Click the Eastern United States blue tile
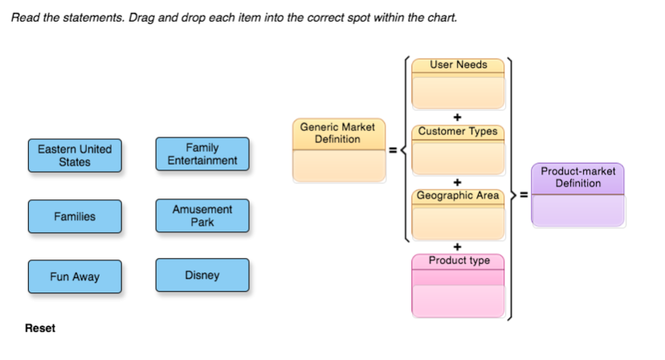75,155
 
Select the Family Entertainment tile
202,154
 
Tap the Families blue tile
75,216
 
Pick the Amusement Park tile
202,215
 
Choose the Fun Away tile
75,276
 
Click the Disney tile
202,276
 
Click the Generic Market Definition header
337,133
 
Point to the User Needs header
458,65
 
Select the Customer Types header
458,131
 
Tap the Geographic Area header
458,195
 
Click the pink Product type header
458,261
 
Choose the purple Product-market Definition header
577,178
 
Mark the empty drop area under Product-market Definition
577,211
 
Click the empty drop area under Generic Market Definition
337,166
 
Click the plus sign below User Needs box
458,117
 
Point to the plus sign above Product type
458,247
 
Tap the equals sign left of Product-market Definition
523,194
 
